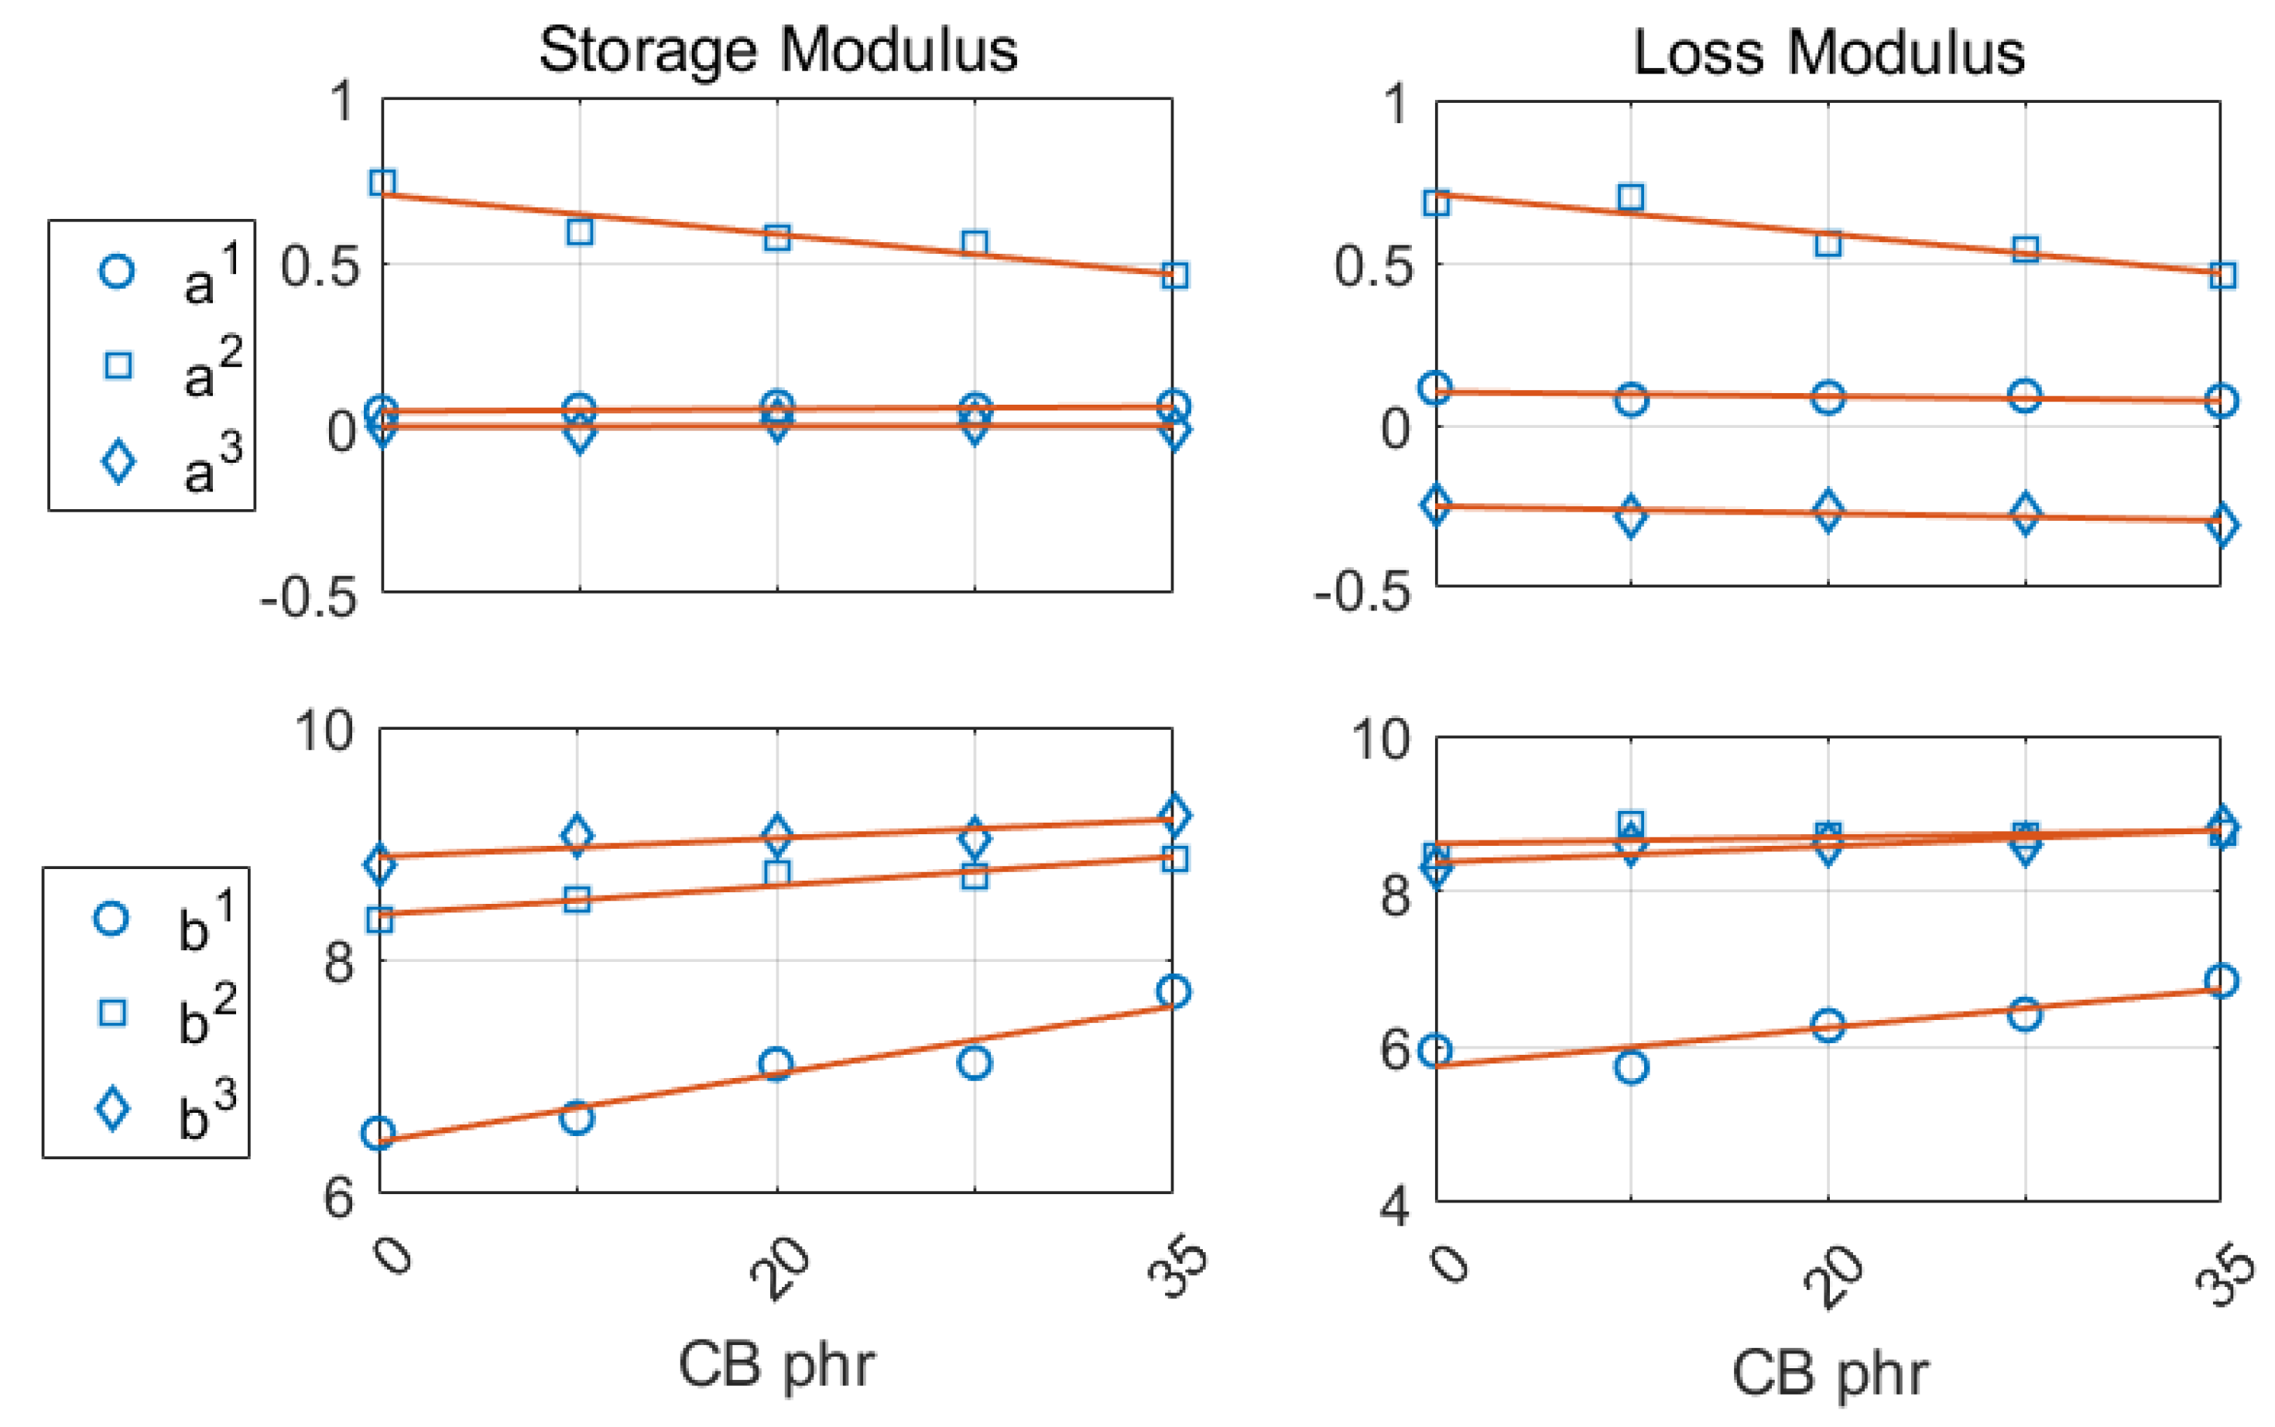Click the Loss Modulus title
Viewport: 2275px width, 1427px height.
click(1828, 52)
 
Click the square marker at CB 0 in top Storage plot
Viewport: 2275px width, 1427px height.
click(382, 182)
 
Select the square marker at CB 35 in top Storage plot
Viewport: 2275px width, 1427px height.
click(1173, 275)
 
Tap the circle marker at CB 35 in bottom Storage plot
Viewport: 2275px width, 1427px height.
click(1173, 991)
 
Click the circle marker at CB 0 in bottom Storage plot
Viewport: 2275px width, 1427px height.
click(379, 1132)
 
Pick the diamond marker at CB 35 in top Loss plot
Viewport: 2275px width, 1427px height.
click(2222, 525)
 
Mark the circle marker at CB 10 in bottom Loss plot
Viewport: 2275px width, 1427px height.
click(1631, 1067)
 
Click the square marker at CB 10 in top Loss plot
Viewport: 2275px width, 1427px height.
click(1630, 197)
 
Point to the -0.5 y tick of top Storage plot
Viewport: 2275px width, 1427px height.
click(310, 597)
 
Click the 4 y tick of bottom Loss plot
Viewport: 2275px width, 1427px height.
click(1395, 1205)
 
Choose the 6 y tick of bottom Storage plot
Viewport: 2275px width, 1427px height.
click(339, 1196)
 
